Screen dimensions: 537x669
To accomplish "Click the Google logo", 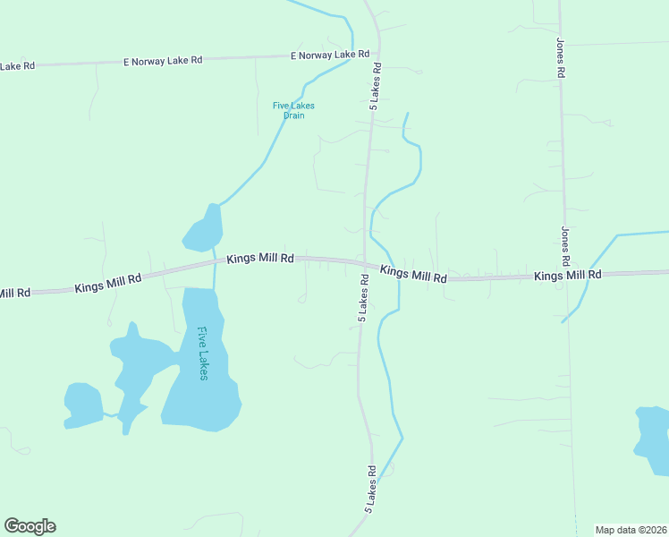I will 30,526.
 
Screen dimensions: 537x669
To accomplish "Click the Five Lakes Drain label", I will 293,110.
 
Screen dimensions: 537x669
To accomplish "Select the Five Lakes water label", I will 203,354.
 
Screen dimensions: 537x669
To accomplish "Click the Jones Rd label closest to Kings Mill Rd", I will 565,245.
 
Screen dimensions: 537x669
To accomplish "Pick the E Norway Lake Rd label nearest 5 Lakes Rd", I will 330,55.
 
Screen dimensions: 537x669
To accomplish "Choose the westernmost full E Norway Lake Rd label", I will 163,61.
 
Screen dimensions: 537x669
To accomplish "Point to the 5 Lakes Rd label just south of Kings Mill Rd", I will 364,298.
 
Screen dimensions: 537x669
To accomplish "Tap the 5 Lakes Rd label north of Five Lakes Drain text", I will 377,86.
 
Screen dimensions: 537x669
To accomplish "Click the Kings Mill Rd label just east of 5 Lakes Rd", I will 413,274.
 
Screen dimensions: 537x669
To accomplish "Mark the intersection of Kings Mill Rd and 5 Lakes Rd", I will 364,262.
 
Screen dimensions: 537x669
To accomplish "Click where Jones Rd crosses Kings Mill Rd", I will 566,276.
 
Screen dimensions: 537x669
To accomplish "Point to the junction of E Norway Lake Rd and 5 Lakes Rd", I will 378,53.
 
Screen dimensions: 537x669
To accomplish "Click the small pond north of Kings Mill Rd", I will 204,231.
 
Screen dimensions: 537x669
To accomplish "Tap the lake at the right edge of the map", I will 653,439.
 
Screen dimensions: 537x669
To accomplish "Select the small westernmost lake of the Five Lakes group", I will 83,405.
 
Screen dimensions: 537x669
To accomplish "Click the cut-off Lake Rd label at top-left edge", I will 17,66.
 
